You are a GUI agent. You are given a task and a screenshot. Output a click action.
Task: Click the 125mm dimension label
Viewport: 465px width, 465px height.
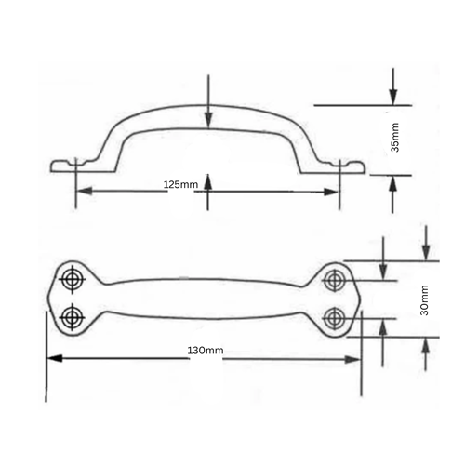(180, 185)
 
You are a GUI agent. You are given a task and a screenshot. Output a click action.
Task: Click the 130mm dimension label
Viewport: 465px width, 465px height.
(206, 351)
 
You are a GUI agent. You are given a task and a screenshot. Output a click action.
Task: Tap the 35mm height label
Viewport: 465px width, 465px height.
(395, 137)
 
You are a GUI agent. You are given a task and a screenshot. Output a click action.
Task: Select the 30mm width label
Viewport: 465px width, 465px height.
(424, 299)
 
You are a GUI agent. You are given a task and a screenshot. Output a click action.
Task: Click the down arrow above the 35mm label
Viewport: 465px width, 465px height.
(393, 98)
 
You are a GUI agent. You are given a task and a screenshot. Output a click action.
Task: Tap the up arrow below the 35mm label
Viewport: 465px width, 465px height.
(393, 181)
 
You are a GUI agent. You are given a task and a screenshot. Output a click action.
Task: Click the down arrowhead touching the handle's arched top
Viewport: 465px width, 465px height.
(208, 120)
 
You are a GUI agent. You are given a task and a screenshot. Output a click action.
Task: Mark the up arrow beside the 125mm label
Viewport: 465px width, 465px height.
(208, 180)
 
